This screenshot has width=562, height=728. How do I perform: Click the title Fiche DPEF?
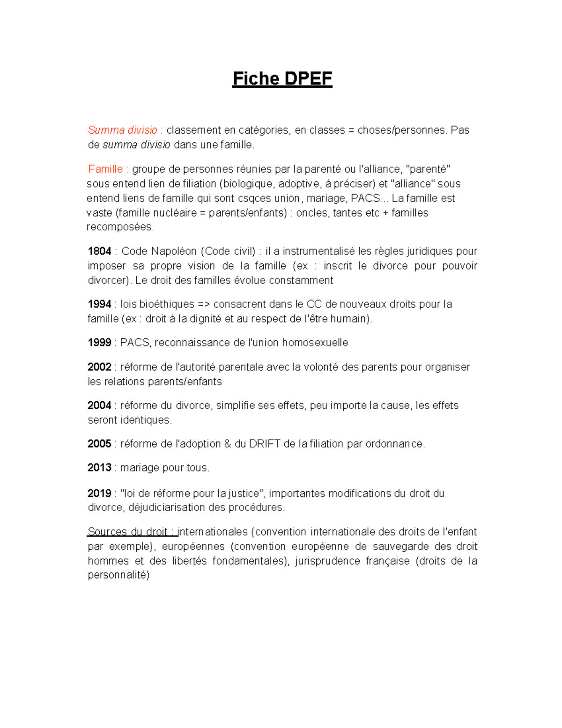click(x=282, y=79)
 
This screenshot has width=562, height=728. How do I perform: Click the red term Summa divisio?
click(x=123, y=130)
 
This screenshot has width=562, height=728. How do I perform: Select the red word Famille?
click(x=105, y=169)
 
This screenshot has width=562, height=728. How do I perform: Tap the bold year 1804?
click(x=99, y=251)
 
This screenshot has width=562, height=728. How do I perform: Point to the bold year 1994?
click(x=99, y=304)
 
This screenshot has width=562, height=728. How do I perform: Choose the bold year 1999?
click(x=99, y=343)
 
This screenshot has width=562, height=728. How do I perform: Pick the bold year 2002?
click(x=99, y=367)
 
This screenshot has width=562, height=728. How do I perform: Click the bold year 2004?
click(x=99, y=405)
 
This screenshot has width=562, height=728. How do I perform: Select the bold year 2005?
click(x=99, y=444)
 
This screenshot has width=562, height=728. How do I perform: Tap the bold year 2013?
click(x=99, y=468)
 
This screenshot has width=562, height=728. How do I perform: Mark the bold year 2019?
click(x=99, y=494)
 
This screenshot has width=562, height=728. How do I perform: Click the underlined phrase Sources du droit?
click(x=128, y=532)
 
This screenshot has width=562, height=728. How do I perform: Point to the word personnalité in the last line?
click(x=118, y=575)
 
